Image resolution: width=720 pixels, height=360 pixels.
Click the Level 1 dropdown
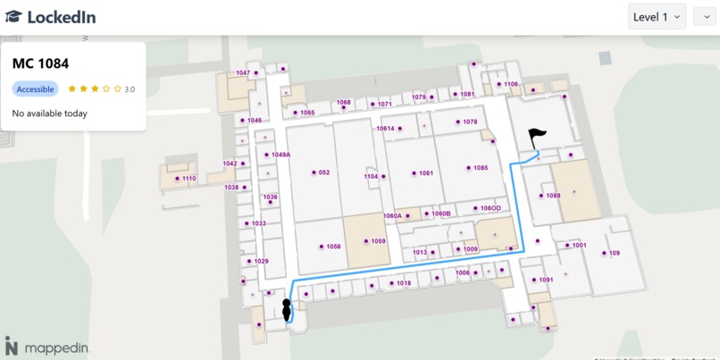657,17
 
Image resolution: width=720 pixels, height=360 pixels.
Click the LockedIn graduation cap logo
13,17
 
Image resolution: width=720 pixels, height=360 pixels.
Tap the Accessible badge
36,89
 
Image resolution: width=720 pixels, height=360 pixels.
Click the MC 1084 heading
40,63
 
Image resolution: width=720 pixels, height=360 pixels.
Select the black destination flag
536,138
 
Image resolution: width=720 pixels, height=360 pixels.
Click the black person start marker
287,310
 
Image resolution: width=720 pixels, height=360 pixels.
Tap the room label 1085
481,168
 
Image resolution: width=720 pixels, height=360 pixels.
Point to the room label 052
323,172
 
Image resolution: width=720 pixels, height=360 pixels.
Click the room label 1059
378,241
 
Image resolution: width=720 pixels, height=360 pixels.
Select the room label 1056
333,247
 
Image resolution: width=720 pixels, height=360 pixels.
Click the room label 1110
188,179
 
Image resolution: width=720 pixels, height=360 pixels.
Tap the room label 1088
553,196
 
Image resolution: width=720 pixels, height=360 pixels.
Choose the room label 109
614,253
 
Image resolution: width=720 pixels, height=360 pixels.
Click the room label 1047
243,72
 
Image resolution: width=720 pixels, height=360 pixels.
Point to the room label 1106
510,84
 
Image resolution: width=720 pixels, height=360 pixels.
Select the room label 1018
404,283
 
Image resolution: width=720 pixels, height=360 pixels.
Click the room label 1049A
280,155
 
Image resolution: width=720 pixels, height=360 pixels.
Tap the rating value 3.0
130,89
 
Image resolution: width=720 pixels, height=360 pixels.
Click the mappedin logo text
57,347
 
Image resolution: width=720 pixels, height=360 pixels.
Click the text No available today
50,113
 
